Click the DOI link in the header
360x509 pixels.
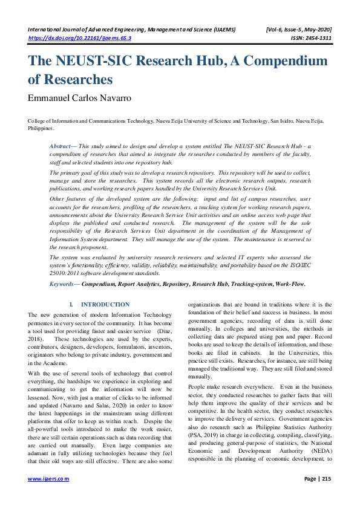[80, 37]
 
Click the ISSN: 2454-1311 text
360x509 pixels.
[309, 37]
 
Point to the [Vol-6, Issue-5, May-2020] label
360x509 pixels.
[298, 29]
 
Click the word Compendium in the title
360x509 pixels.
[281, 62]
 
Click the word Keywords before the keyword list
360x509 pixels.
[64, 284]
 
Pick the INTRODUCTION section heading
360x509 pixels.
[105, 305]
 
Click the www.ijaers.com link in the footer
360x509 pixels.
[48, 479]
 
